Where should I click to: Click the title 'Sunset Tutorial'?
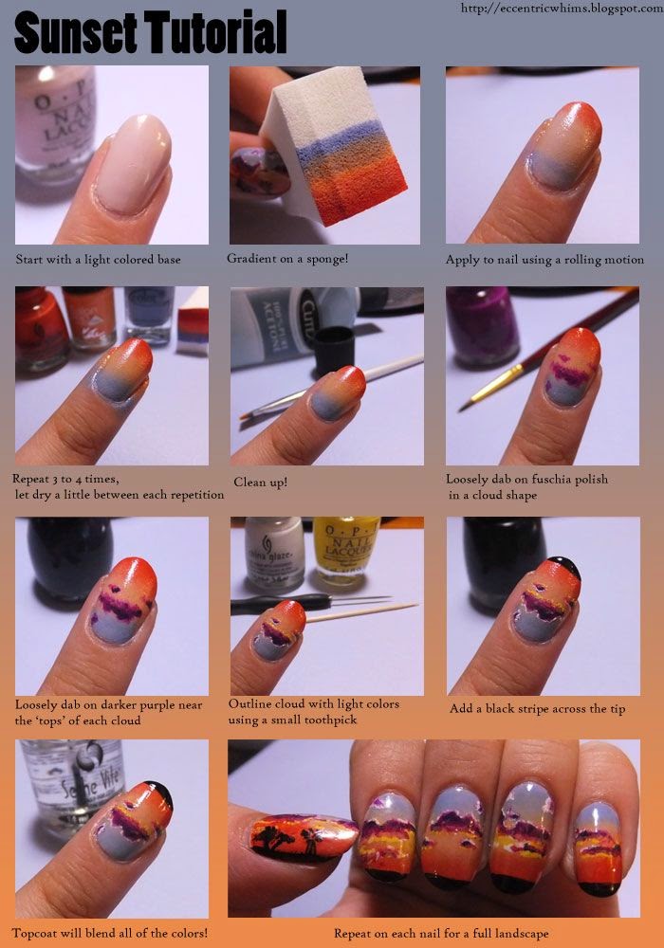pyautogui.click(x=150, y=32)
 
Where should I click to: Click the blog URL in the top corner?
pyautogui.click(x=562, y=8)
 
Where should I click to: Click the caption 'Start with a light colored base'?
pyautogui.click(x=98, y=260)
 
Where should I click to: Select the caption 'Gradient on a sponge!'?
pyautogui.click(x=287, y=258)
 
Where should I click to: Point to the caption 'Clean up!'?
pyautogui.click(x=260, y=482)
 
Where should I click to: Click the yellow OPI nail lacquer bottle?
pyautogui.click(x=345, y=553)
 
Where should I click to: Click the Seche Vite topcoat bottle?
pyautogui.click(x=71, y=787)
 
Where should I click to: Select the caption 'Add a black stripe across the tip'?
pyautogui.click(x=537, y=708)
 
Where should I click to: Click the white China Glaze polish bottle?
pyautogui.click(x=274, y=554)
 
